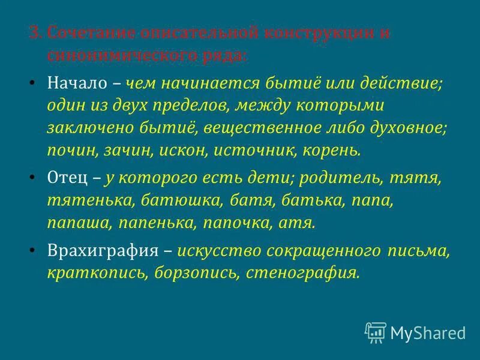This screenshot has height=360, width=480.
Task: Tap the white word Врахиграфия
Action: (x=100, y=250)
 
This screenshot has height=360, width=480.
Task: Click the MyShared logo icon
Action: (x=375, y=332)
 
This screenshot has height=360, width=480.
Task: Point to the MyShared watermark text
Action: (x=428, y=332)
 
